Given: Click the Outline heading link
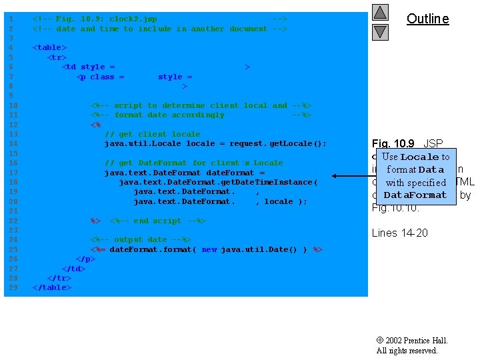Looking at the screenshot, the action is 427,19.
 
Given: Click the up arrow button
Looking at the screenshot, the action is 380,12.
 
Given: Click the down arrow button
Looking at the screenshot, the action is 380,31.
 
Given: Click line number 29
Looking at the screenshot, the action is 11,287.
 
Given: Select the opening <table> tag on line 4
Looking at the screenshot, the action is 50,48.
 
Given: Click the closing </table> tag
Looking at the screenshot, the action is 52,287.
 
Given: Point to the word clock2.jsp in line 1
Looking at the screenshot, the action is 133,19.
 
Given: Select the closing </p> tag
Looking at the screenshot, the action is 85,259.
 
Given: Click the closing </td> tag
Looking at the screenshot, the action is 73,269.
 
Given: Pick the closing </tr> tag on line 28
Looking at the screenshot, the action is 59,278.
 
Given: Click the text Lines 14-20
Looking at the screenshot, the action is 399,233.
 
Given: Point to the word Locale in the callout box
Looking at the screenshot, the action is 419,157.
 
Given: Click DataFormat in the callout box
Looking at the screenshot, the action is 415,195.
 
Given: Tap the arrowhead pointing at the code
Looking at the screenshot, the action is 336,177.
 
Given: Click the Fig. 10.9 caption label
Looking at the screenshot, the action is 394,143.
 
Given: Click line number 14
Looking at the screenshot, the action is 11,143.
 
